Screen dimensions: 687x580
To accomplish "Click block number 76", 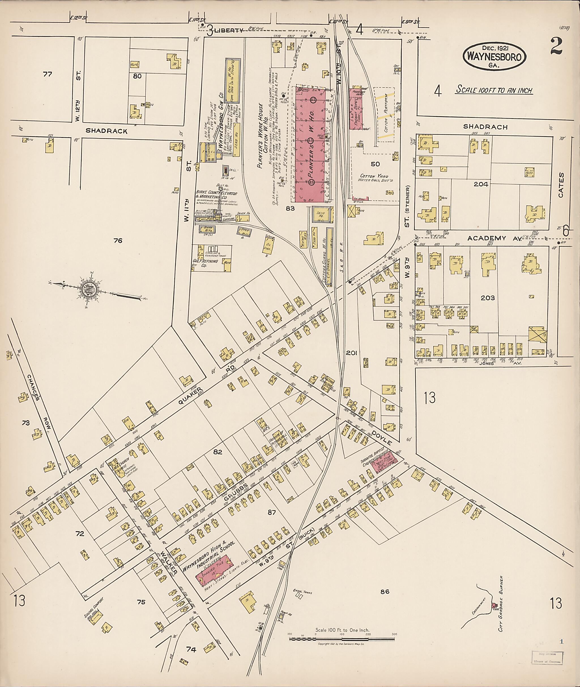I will pyautogui.click(x=118, y=241).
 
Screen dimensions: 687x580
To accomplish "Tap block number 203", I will pyautogui.click(x=488, y=298).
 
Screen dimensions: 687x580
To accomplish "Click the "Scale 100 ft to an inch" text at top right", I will pyautogui.click(x=494, y=90).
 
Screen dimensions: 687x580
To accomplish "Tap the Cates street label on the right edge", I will pyautogui.click(x=561, y=185).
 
